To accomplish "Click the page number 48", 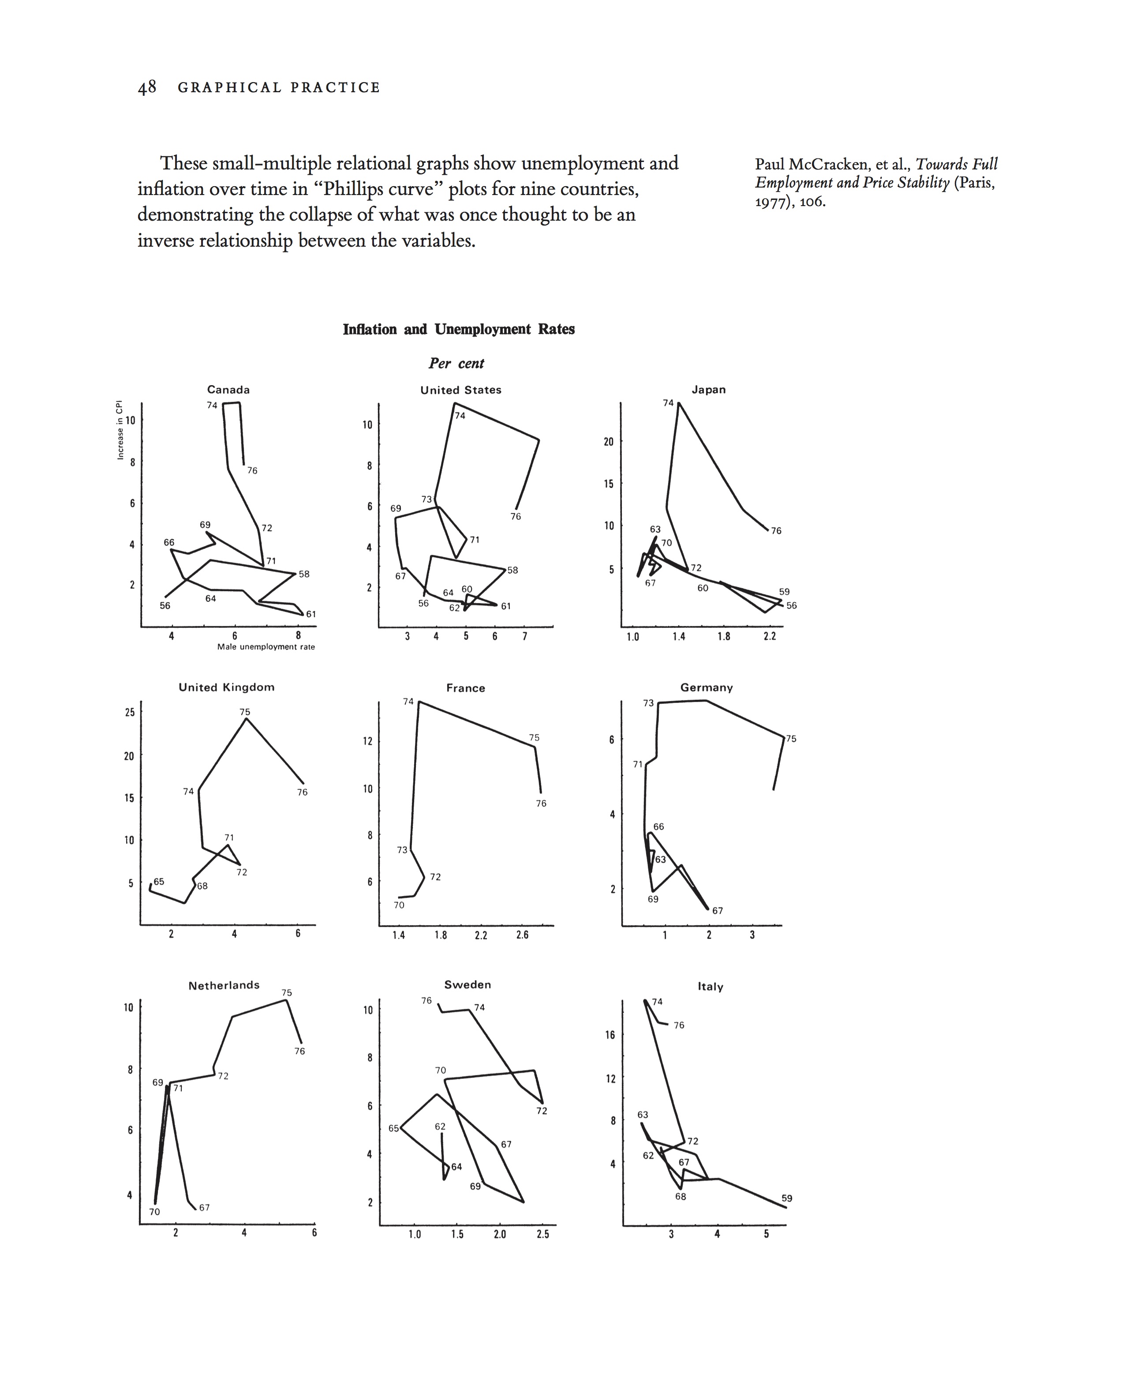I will (x=146, y=87).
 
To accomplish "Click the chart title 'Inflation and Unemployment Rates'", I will (x=458, y=330).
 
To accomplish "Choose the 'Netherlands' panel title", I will (x=224, y=985).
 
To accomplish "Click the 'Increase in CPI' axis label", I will (x=120, y=430).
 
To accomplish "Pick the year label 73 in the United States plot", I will (x=426, y=500).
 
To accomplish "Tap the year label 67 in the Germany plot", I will (x=717, y=911).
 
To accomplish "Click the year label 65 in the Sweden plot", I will (x=393, y=1128).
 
